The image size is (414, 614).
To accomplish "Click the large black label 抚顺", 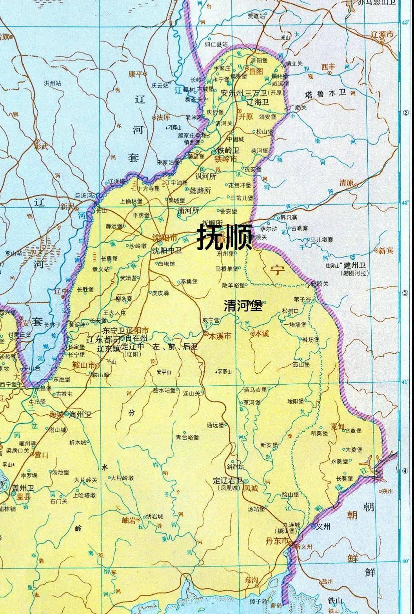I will (x=224, y=236).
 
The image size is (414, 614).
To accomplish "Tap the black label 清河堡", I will (x=243, y=306).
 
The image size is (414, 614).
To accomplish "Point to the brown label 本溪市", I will (x=220, y=336).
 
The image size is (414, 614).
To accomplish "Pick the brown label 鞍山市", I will (x=84, y=365).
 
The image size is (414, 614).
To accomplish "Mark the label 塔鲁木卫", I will (x=326, y=93).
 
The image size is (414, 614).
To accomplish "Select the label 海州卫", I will (x=80, y=414).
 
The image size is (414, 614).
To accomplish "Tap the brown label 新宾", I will (x=386, y=251).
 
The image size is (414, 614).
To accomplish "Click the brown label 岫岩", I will (x=129, y=520).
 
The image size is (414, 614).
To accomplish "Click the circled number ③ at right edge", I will (x=406, y=294).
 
